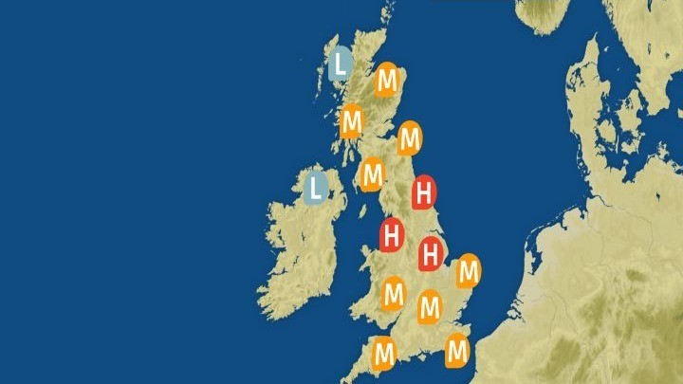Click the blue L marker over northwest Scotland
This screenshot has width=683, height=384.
click(x=341, y=64)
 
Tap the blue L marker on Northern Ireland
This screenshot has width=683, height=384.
click(x=317, y=187)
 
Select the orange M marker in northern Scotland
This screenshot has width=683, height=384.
click(x=386, y=81)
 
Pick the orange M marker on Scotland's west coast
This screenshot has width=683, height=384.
click(x=352, y=121)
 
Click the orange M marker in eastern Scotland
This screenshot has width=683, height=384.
click(x=409, y=139)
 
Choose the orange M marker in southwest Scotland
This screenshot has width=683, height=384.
click(x=372, y=174)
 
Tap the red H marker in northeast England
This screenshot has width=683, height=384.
click(x=424, y=193)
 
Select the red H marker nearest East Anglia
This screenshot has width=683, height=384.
click(x=432, y=253)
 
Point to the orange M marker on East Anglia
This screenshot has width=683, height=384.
click(x=467, y=272)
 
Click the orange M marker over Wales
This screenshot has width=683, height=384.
click(x=393, y=294)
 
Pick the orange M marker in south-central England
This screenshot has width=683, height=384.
click(x=430, y=306)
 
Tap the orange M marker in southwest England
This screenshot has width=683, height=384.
click(x=384, y=354)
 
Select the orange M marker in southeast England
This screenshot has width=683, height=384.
click(x=457, y=350)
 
